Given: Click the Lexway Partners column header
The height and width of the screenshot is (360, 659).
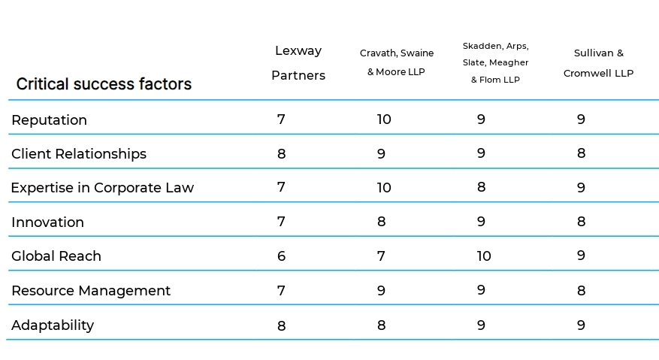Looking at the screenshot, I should coord(298,63).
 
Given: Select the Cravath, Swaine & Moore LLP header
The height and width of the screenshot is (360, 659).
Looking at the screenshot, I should coord(396,62).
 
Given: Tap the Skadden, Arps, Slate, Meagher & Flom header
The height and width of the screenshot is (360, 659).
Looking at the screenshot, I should coord(495,62).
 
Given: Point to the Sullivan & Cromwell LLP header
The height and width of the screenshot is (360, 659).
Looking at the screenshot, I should coord(598,63).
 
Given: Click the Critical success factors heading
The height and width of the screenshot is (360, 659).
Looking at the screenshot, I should coord(104,84).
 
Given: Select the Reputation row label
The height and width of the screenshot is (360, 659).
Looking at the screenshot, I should coord(49,120).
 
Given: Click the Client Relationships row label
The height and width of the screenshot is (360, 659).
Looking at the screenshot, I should coord(79,154).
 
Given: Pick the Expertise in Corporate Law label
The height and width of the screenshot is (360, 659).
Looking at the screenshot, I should coord(102,188).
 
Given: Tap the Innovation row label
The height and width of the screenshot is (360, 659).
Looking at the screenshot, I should coord(47,222).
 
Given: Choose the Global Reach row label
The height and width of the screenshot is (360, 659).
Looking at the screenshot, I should coord(56,256).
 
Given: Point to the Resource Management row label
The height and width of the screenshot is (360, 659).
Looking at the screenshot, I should coord(91,291).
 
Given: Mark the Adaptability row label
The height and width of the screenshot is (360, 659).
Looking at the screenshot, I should coord(53,325).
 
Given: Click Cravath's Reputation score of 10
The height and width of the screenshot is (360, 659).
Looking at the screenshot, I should coord(384,119).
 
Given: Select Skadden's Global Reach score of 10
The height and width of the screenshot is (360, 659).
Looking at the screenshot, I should coord(484,256).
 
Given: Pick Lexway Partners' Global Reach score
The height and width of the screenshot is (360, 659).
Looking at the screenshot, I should coord(281,256).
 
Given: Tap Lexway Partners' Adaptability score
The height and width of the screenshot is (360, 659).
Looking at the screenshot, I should coord(281,325).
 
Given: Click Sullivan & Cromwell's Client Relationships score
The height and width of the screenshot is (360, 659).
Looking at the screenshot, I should coord(581,153).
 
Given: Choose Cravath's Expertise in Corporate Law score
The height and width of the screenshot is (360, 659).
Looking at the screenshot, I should coord(384,188).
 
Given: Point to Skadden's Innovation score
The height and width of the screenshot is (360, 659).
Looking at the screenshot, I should coord(481,222).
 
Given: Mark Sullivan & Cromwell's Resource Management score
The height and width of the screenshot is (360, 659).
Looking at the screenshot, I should coord(581,290).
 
